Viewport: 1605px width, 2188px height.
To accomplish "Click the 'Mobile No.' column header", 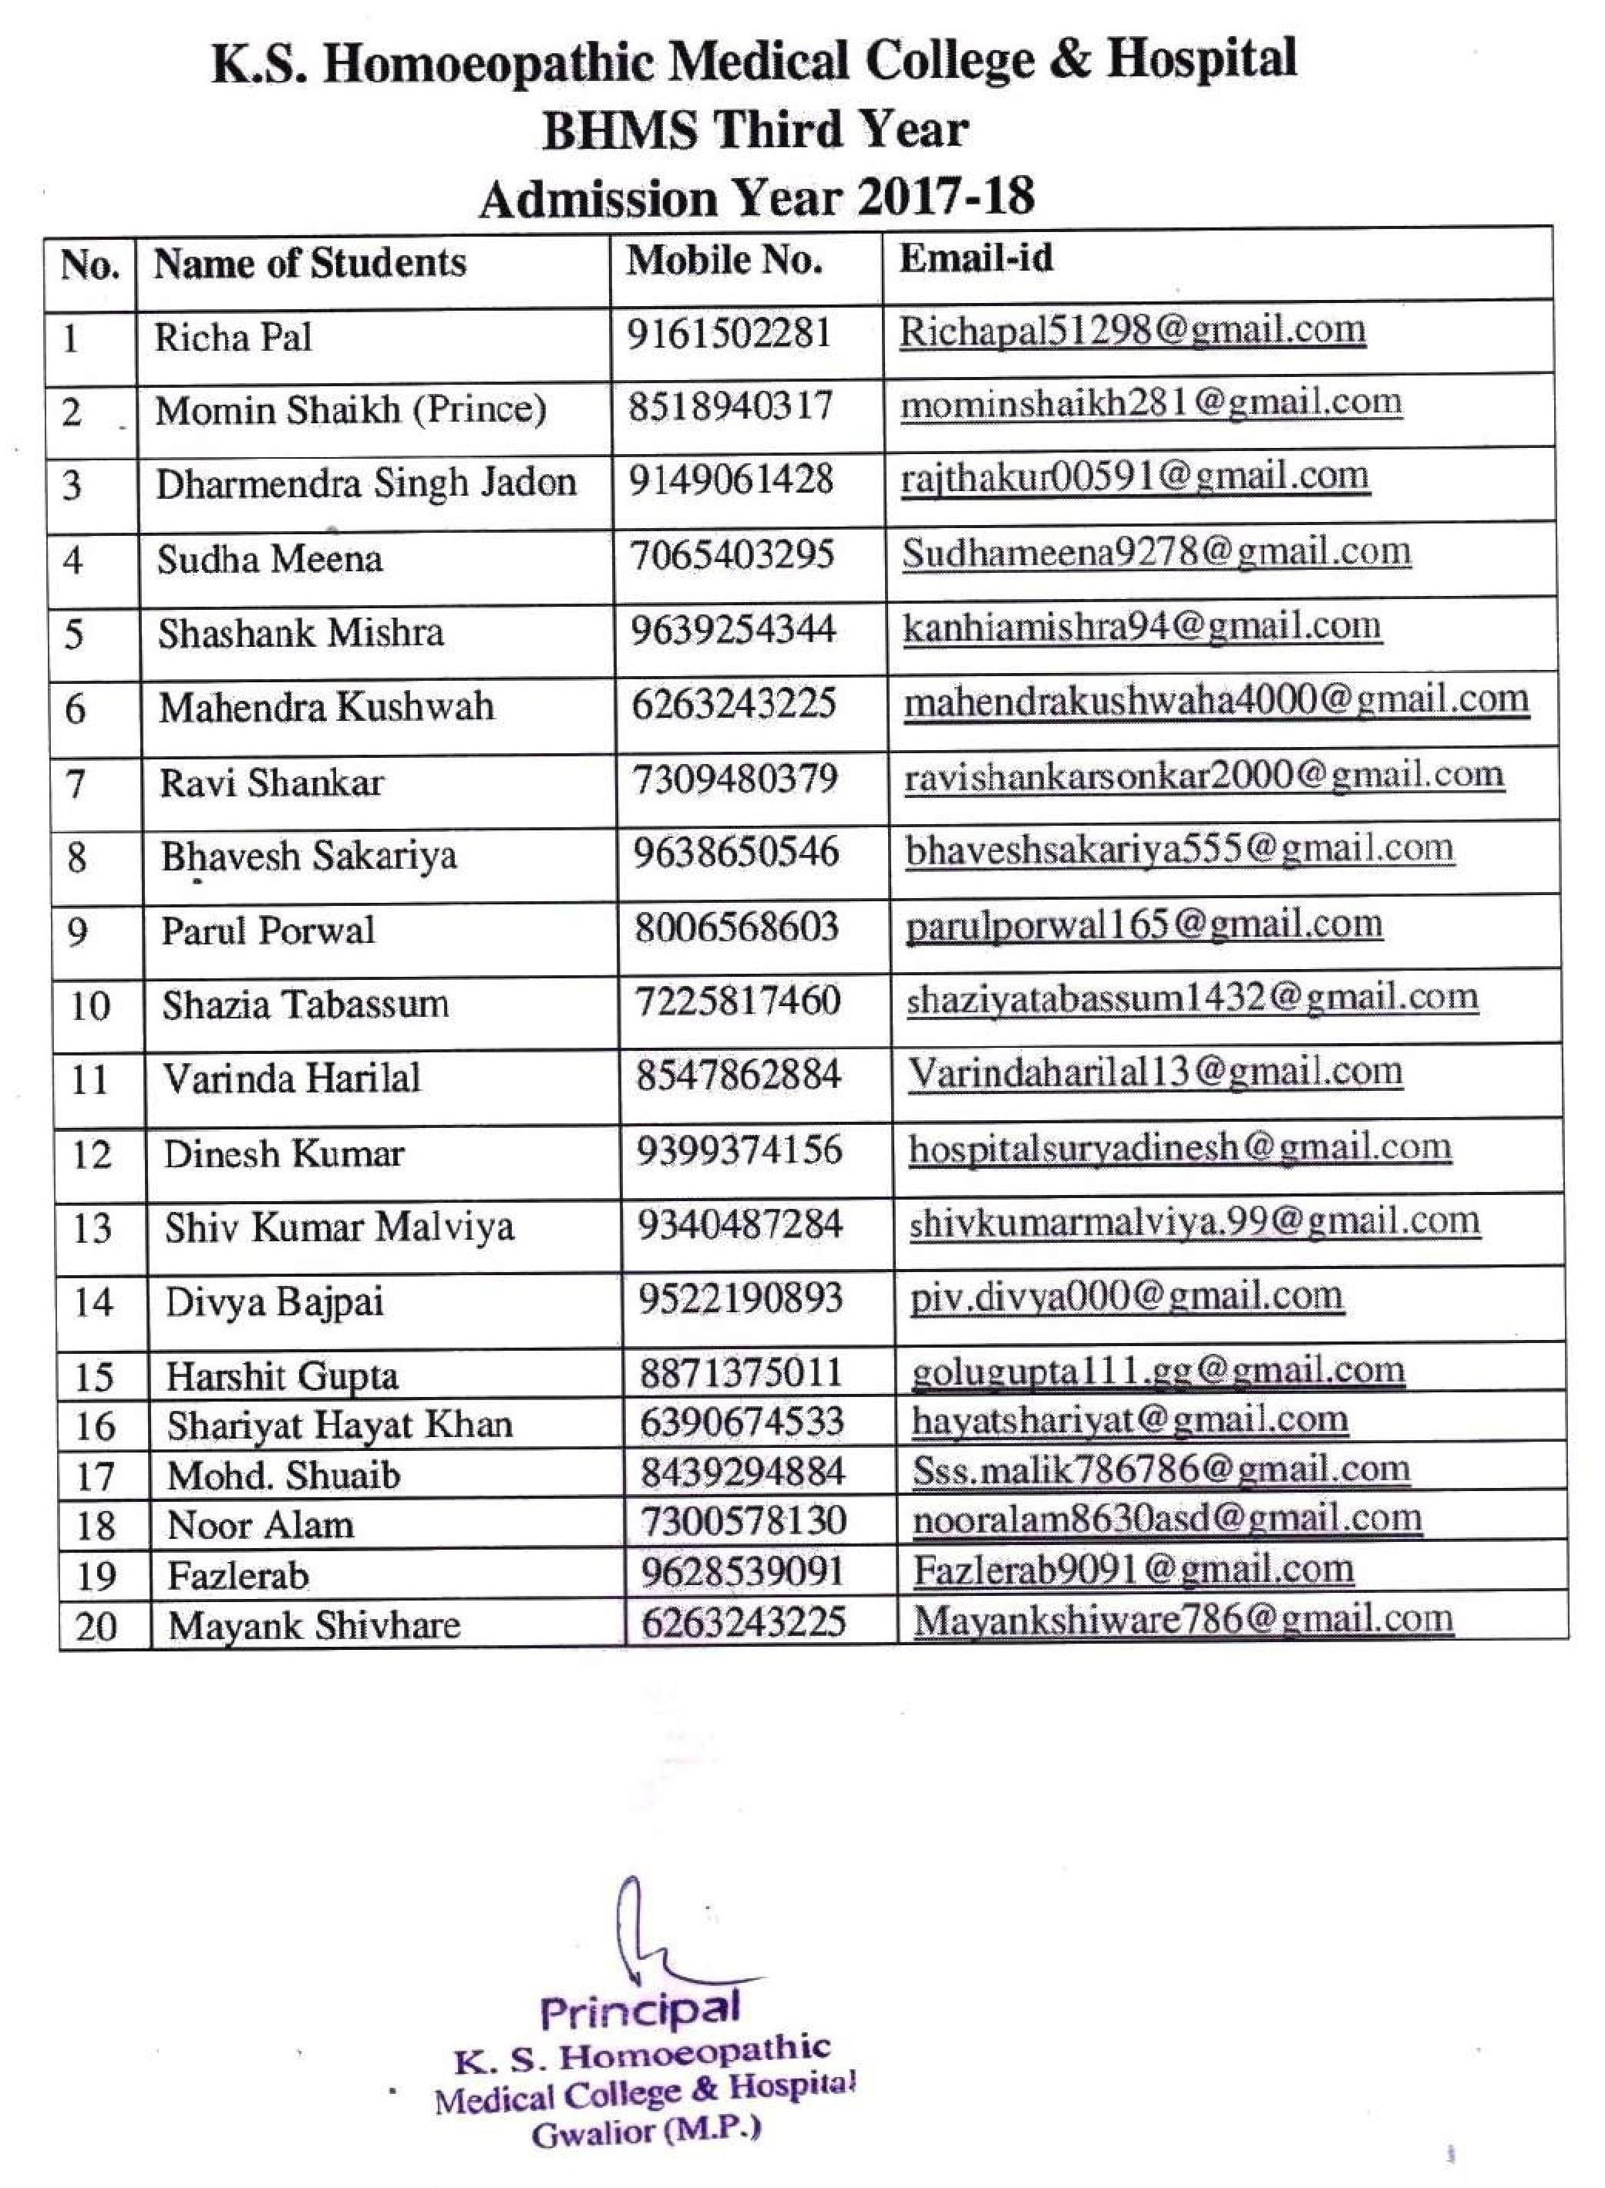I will click(x=724, y=261).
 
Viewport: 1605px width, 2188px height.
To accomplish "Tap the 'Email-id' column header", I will click(x=975, y=258).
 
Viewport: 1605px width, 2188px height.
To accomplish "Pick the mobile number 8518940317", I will click(x=729, y=406).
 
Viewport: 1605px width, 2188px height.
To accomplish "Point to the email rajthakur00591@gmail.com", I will click(x=1135, y=477).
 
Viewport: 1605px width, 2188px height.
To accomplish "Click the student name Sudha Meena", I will click(x=269, y=559).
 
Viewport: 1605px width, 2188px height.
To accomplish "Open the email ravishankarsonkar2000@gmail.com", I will click(x=1204, y=776).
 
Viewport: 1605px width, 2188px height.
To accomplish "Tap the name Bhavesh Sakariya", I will click(x=309, y=856).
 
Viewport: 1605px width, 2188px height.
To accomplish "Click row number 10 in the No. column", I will click(x=89, y=1005).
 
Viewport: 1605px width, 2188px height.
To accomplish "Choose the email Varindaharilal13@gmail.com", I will click(x=1155, y=1072).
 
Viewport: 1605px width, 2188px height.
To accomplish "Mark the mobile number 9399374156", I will click(x=739, y=1150).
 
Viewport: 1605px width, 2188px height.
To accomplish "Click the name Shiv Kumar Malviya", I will click(x=339, y=1227).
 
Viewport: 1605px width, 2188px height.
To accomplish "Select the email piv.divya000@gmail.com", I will click(x=1126, y=1297).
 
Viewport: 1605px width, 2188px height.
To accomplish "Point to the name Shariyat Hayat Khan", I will click(x=339, y=1426).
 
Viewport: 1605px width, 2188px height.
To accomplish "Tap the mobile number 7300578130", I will click(x=742, y=1520).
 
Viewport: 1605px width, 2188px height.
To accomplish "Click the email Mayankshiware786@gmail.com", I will click(x=1183, y=1619).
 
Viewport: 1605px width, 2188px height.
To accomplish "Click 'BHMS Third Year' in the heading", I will click(x=755, y=130).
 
